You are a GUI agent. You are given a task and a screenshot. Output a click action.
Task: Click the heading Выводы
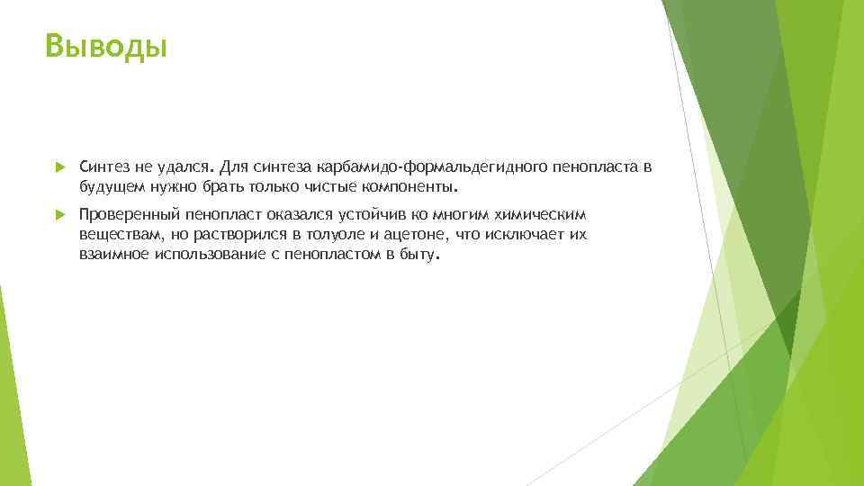106,45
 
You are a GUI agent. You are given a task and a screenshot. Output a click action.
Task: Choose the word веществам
114,235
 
